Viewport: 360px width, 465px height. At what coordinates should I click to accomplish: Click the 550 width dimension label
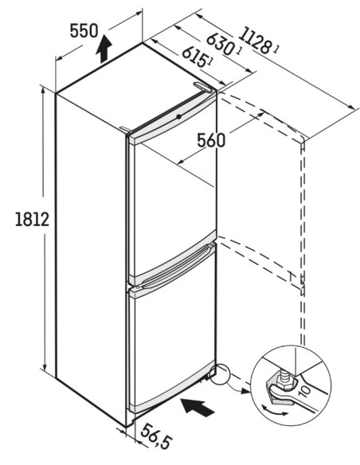point(84,30)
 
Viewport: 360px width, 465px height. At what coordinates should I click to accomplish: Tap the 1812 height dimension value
point(32,220)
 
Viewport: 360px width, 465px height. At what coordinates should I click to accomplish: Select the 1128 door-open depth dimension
point(255,40)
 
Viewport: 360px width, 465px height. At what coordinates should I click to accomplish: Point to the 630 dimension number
point(220,45)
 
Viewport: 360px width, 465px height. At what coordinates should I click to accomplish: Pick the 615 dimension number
point(194,57)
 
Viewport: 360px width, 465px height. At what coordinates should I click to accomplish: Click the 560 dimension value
point(211,140)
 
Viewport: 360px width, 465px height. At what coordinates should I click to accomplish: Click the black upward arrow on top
point(104,49)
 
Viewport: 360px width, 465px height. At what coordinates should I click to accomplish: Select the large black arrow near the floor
point(198,406)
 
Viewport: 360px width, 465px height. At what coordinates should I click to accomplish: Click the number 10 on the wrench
point(305,391)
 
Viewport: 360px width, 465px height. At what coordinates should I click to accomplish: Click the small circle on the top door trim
point(178,116)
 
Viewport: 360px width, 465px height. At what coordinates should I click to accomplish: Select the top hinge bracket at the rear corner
point(203,87)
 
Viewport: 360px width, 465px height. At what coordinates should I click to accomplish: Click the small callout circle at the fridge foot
point(219,374)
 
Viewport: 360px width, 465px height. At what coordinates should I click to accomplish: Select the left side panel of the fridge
point(92,255)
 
